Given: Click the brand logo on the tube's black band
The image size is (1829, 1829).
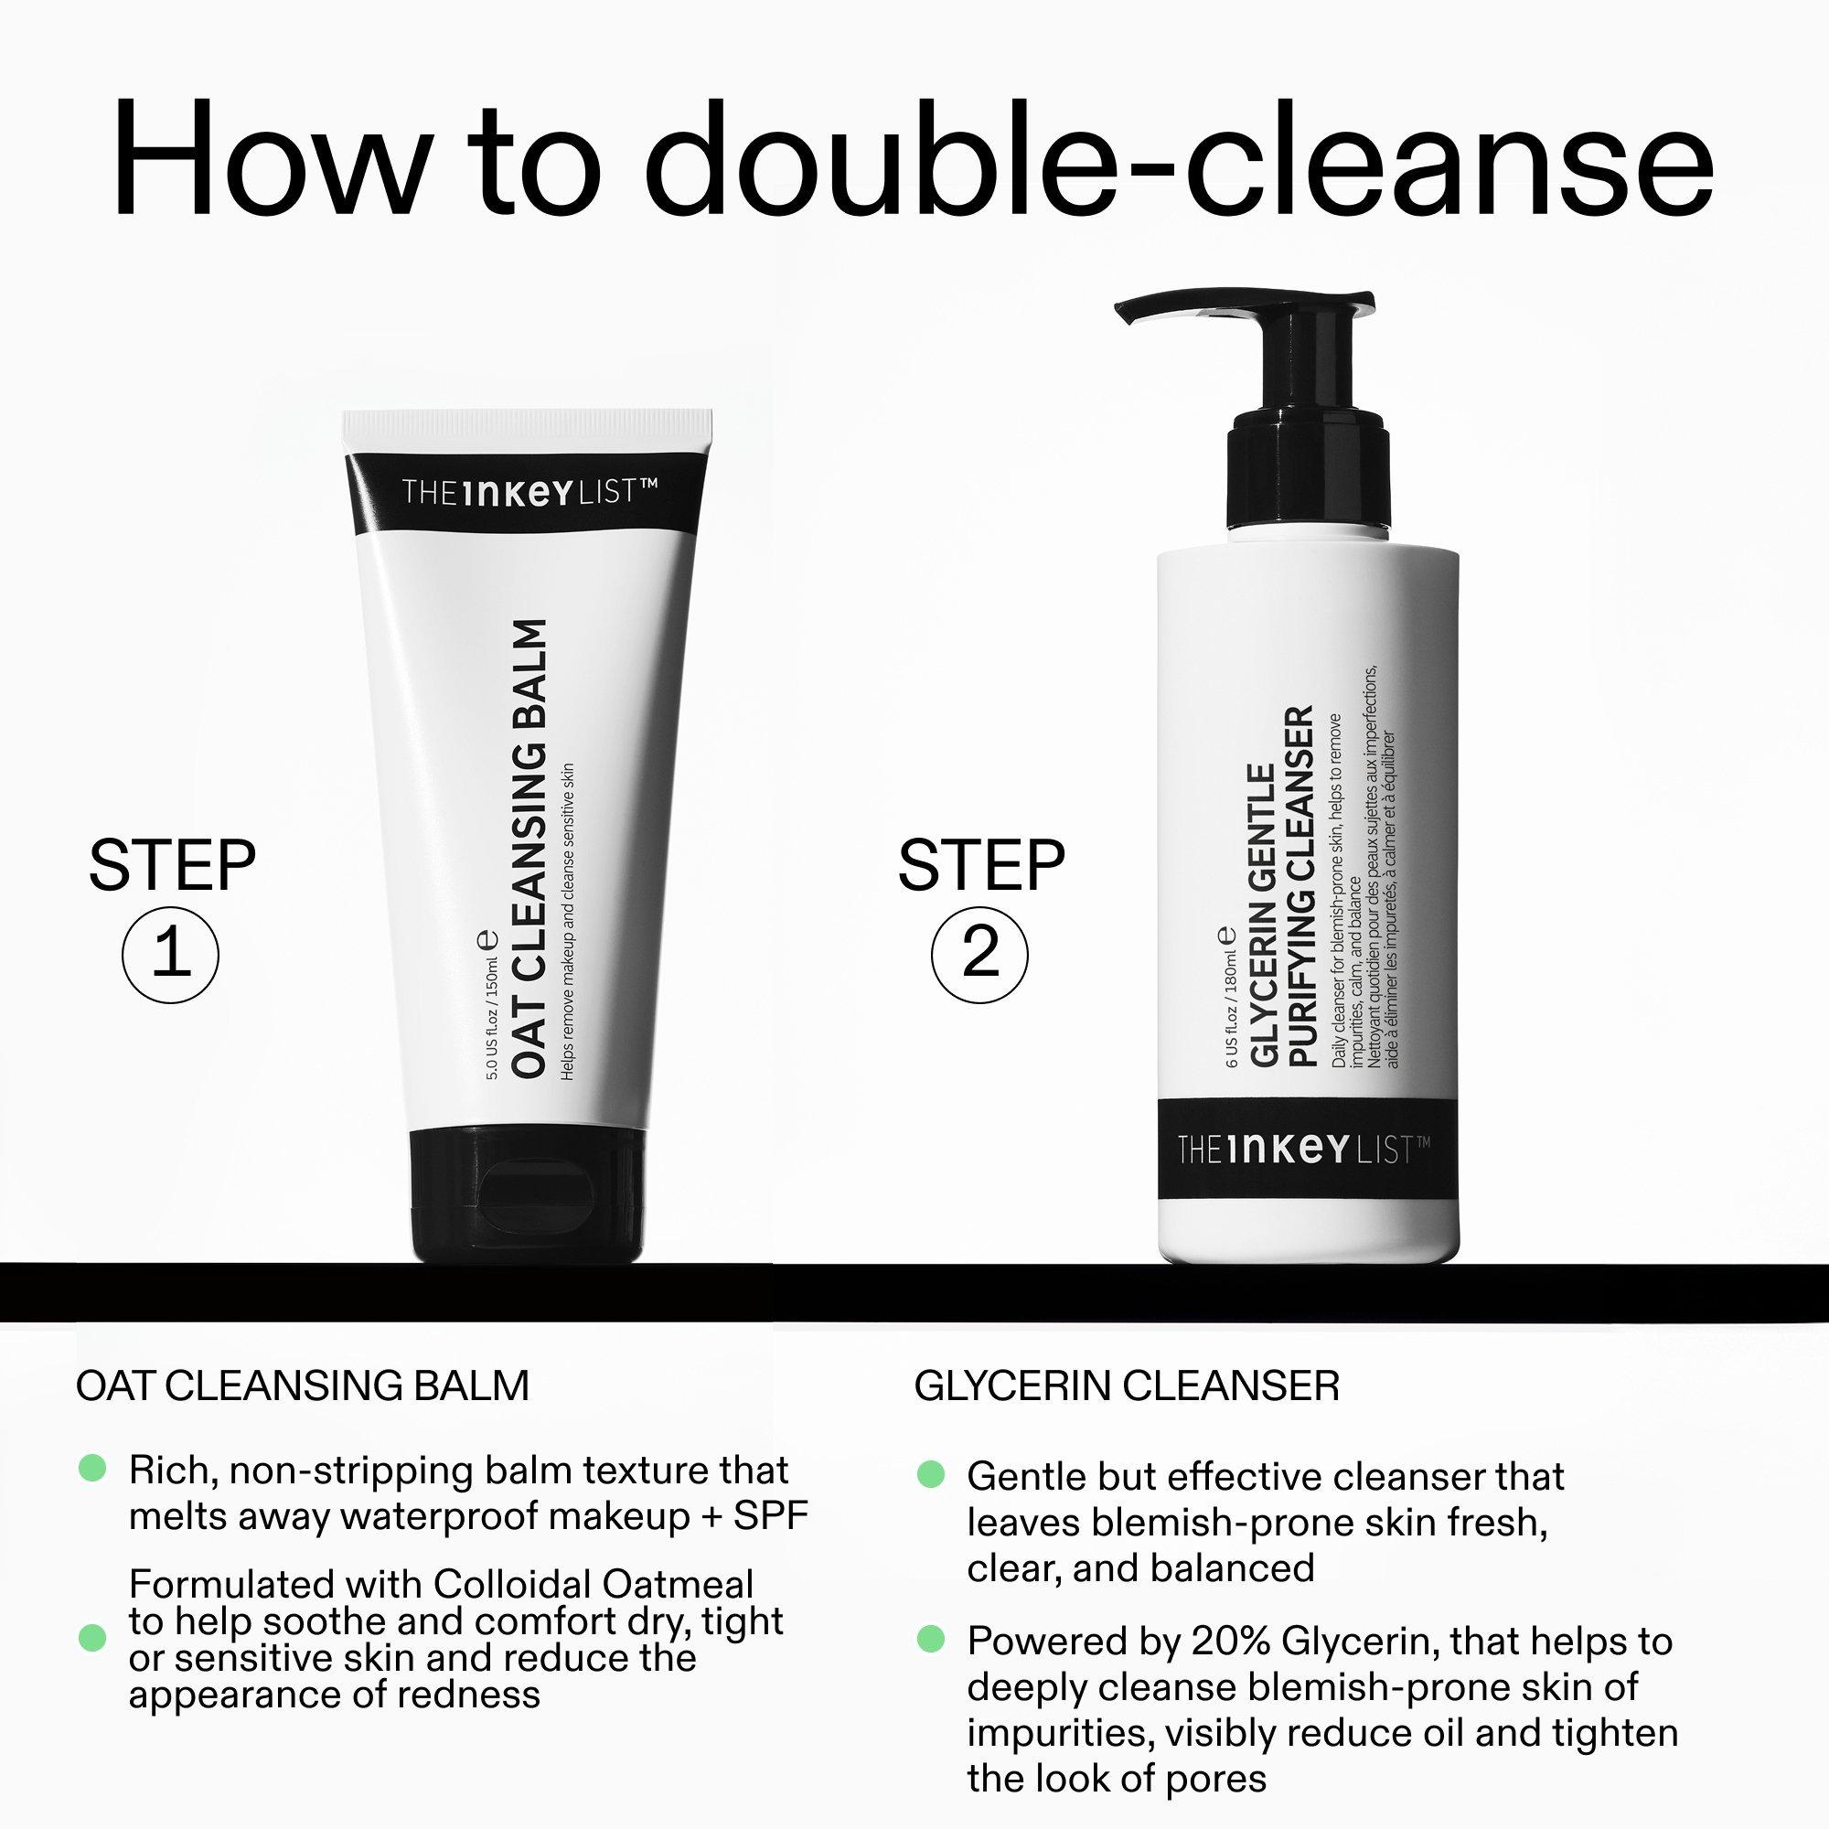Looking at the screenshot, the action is coord(529,493).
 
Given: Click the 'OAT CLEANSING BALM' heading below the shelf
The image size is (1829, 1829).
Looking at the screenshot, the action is coord(302,1386).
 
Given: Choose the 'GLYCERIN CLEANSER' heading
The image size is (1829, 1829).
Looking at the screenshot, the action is coord(1127,1386).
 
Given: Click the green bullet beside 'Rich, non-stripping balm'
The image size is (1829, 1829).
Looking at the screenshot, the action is coord(91,1469).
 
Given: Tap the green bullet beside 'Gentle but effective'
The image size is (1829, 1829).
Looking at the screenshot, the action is coord(931,1474).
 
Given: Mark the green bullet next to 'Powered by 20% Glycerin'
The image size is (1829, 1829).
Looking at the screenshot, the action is coord(931,1639).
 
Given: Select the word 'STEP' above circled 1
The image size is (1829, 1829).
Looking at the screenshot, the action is coord(171,865).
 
